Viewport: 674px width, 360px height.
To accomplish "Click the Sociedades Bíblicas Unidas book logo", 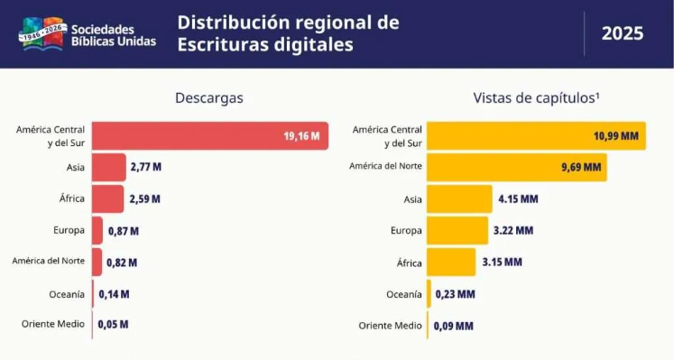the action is tap(42, 34).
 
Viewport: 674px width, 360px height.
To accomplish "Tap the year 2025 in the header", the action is tap(623, 33).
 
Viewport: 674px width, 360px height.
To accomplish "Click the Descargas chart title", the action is tap(209, 98).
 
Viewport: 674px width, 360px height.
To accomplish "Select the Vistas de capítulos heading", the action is tap(536, 98).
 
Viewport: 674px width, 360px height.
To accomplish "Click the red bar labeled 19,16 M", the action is tap(210, 135).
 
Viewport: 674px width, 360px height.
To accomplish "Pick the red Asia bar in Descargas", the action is tap(109, 167).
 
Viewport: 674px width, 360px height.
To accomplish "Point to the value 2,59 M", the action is tap(145, 198).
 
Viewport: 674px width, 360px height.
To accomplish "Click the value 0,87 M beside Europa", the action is tap(124, 231).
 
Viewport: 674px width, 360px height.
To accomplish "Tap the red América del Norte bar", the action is tap(97, 262).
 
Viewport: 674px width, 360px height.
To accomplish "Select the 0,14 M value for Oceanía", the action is tap(114, 294).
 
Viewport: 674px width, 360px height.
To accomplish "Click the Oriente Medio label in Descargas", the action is tap(53, 324).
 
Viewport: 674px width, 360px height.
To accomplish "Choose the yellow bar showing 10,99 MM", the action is tap(536, 135).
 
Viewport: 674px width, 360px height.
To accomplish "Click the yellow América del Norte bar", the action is tap(517, 167).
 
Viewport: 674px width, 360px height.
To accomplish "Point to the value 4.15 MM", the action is tap(518, 198).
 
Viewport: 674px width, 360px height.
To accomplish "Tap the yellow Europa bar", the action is tap(457, 231).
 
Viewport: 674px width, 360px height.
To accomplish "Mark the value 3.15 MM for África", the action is tap(502, 262).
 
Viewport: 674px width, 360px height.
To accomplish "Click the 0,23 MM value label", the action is tap(456, 294).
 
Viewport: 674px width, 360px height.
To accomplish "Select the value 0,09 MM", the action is tap(454, 326).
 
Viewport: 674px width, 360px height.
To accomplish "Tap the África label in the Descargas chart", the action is tap(72, 198).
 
